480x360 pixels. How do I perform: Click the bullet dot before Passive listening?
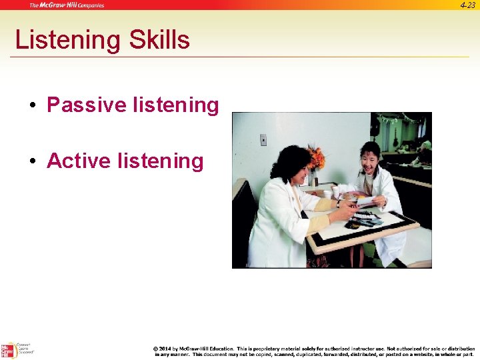coord(31,106)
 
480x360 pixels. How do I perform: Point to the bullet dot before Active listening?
coord(31,162)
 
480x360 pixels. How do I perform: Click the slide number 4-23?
coord(467,5)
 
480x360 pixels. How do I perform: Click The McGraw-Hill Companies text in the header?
coord(67,5)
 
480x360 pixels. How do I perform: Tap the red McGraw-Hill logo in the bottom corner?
coord(8,351)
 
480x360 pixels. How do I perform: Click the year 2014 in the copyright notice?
coord(165,349)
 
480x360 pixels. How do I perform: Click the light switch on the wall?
coord(263,140)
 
